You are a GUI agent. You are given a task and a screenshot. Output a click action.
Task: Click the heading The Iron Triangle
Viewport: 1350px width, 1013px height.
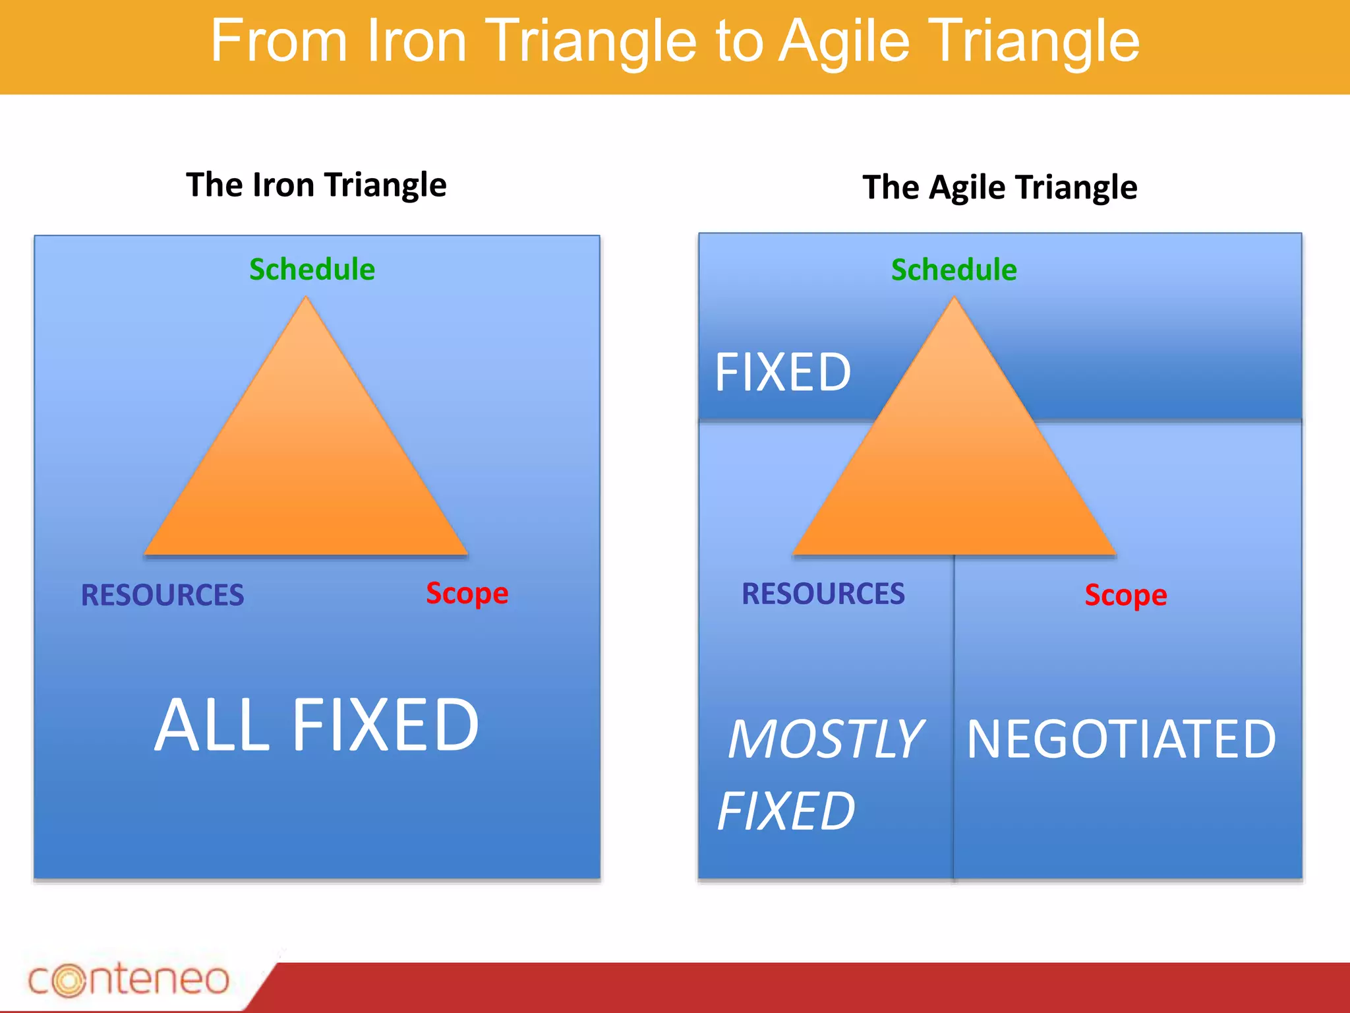tap(316, 185)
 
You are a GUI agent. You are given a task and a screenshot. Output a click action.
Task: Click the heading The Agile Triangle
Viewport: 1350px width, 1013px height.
tap(999, 187)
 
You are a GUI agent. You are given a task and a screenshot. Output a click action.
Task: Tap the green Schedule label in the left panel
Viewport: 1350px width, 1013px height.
tap(312, 270)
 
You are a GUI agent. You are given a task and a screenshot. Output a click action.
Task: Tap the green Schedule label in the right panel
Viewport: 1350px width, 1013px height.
tap(954, 270)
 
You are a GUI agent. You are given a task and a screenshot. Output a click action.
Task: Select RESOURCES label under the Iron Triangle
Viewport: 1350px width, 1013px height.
tap(162, 595)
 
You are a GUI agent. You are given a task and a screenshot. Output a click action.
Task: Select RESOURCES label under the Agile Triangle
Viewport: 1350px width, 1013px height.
tap(823, 594)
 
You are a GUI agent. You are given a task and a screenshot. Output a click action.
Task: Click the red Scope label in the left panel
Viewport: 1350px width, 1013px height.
tap(467, 594)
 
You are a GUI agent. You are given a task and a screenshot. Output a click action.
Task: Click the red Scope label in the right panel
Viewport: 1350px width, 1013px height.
tap(1126, 596)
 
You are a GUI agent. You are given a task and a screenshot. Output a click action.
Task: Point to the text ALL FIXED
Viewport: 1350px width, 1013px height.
tap(316, 725)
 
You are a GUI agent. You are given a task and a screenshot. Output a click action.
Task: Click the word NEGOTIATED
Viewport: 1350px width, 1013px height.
tap(1121, 739)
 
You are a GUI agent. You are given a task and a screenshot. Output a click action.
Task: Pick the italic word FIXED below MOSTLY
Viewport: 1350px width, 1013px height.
tap(786, 811)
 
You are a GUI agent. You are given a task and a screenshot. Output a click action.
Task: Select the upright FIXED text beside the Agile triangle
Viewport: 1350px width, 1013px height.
tap(783, 373)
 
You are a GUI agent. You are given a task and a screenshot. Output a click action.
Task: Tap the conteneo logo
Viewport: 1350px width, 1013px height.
tap(129, 980)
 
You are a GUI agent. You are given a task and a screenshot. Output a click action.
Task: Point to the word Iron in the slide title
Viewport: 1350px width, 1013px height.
tap(417, 42)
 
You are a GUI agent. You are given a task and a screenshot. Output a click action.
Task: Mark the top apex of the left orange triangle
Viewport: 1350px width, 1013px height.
tap(306, 298)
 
